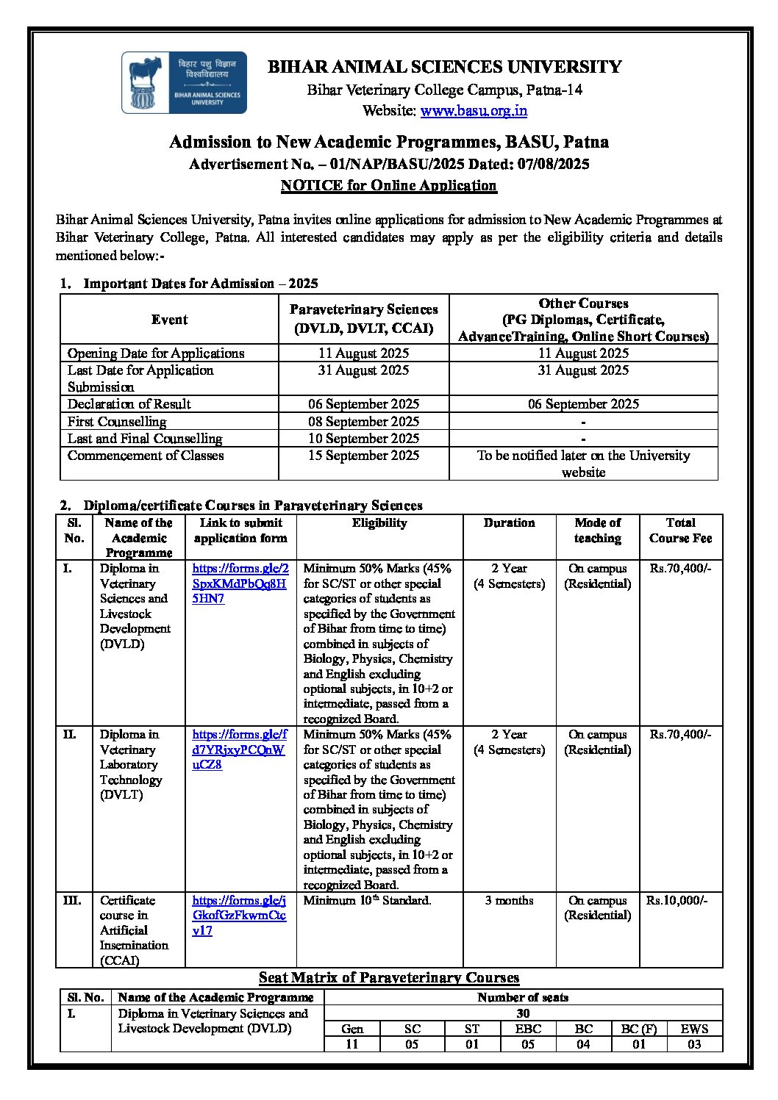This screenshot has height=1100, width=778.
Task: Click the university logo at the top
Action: pos(184,82)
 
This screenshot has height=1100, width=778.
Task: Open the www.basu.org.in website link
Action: pos(474,111)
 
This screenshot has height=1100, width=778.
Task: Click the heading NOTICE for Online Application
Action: pos(388,185)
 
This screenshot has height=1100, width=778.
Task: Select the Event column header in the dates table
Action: pos(169,320)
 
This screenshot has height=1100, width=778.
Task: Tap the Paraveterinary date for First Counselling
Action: pos(363,422)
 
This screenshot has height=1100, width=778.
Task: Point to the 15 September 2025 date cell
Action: pos(363,456)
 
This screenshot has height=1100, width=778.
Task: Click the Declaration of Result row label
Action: pos(129,404)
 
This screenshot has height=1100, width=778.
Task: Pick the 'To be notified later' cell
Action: pos(583,464)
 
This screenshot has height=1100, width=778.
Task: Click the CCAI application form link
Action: pos(239,915)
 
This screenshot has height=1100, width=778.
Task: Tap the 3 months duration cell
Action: pos(509,900)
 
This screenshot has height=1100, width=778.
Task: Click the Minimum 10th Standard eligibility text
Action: pos(367,900)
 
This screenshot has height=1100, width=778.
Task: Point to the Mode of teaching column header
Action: pos(597,531)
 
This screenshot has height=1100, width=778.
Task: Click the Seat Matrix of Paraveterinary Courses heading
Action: pos(389,978)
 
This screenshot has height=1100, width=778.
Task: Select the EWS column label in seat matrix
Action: pos(694,1029)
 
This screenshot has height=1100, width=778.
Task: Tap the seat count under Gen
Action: pos(352,1044)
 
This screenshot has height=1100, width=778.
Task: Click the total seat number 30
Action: pos(523,1013)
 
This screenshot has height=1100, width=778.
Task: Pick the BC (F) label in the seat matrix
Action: pos(638,1029)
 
